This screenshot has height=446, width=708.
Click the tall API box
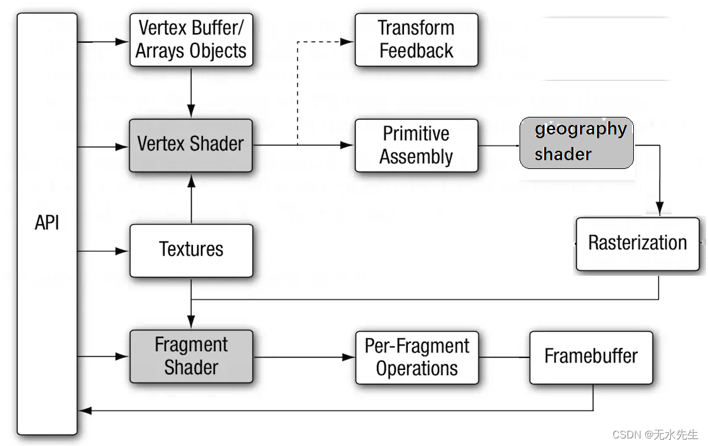[47, 224]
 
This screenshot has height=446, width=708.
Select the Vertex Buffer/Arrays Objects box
[191, 40]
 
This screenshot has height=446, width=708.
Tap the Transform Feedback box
[417, 40]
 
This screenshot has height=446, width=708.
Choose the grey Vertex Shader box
[191, 144]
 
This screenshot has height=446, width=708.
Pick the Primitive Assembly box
[417, 145]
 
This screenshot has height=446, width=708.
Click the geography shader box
[576, 143]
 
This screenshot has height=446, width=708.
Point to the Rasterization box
[637, 244]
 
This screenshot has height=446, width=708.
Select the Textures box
[191, 250]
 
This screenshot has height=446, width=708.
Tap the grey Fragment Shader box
[191, 356]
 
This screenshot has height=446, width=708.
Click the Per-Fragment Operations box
[417, 357]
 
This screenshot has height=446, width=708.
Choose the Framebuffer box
[591, 357]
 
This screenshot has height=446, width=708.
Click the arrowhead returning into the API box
[84, 410]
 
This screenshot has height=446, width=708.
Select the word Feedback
[417, 51]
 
